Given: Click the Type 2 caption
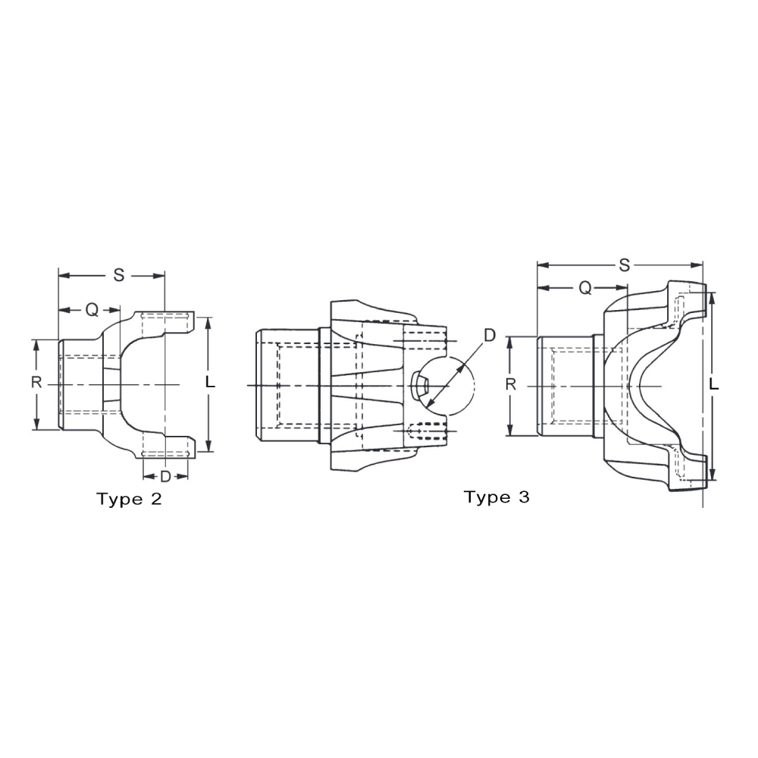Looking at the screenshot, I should [x=129, y=499].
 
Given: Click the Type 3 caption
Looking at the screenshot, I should [x=496, y=497].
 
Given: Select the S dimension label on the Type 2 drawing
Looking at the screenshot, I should [x=118, y=274].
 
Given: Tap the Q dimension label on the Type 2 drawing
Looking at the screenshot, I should [x=91, y=309].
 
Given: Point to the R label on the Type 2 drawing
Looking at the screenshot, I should [x=36, y=383].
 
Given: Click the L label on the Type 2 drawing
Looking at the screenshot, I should [x=211, y=383].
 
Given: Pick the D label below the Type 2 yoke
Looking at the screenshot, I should [x=164, y=476].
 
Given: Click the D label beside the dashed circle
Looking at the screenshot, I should [x=490, y=334].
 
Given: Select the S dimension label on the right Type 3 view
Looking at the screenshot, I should [x=624, y=264].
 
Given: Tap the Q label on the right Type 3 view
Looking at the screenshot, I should [x=585, y=287].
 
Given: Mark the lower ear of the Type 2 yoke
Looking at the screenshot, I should [x=167, y=445].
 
